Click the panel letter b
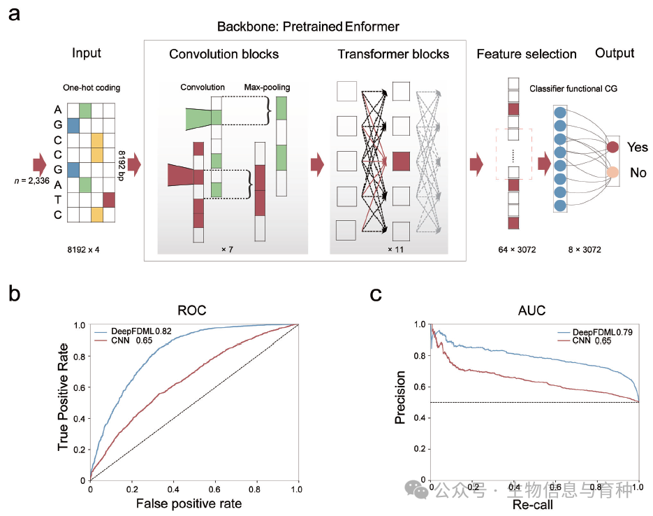(x=15, y=293)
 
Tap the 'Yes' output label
(x=638, y=148)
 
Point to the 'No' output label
(x=638, y=172)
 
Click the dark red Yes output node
(x=612, y=147)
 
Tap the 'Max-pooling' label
(x=267, y=87)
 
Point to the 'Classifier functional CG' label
(x=574, y=89)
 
